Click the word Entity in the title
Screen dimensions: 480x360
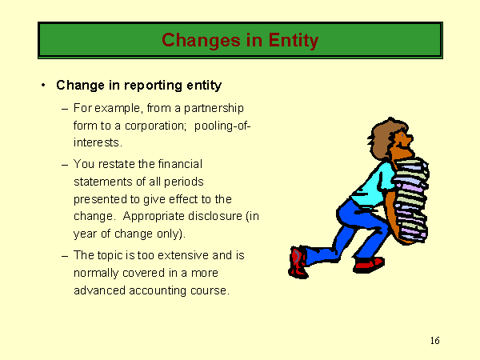click(294, 41)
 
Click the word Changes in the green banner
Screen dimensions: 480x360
click(201, 41)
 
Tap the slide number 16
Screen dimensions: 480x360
click(434, 341)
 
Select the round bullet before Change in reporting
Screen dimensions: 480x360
click(43, 85)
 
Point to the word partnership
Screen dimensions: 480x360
click(214, 109)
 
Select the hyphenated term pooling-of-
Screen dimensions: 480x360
click(222, 126)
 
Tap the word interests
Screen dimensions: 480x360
click(98, 142)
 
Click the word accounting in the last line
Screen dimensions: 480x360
click(158, 291)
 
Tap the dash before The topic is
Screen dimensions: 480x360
click(65, 256)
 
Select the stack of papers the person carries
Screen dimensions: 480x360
click(410, 200)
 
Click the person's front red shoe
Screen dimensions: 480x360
click(369, 265)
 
